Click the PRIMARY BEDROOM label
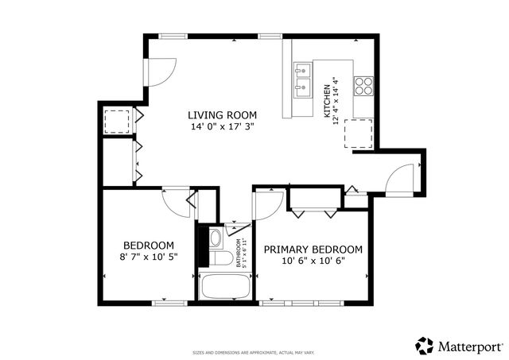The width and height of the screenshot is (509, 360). tap(313, 249)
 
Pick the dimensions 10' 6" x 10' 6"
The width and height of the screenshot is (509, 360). tap(313, 261)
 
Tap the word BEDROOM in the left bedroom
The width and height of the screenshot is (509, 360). tap(148, 245)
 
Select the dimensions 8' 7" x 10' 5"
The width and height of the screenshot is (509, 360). tap(148, 257)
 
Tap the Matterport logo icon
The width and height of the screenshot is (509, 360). tap(425, 346)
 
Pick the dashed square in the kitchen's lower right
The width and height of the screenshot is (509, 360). tap(358, 133)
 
